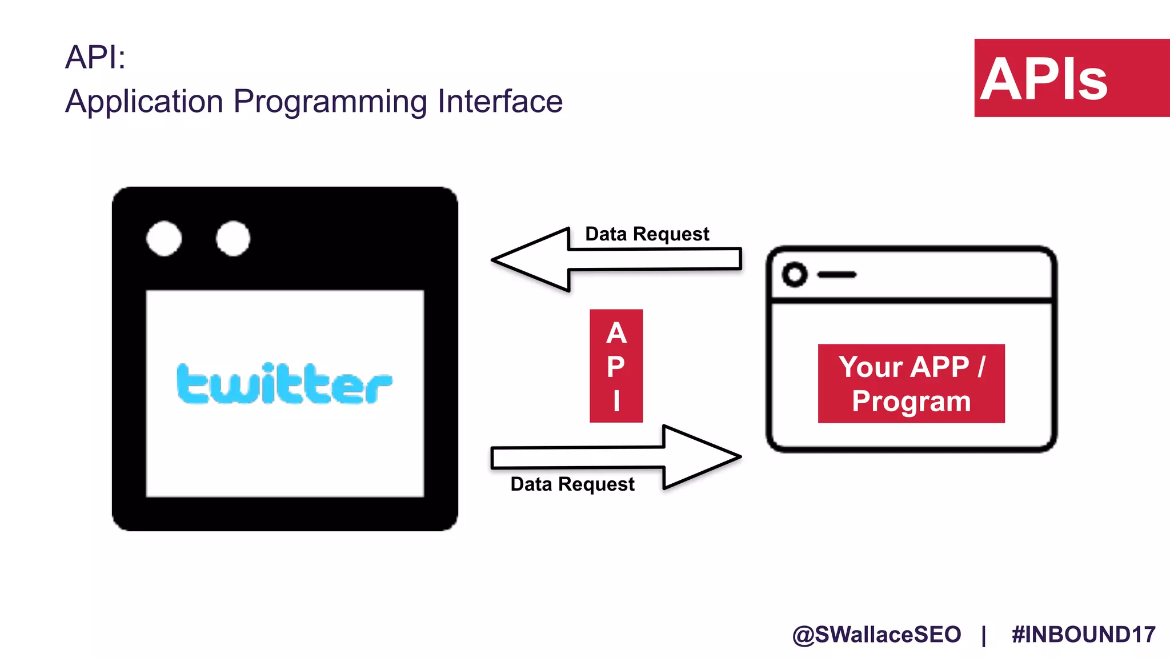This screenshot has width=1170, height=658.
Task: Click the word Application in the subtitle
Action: (x=144, y=102)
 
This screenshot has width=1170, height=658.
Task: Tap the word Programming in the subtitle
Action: (x=330, y=102)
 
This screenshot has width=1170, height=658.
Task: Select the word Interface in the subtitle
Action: (x=500, y=101)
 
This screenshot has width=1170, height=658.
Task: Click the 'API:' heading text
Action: (x=95, y=57)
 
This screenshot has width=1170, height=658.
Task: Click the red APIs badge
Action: (x=1071, y=78)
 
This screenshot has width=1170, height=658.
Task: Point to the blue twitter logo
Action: (x=284, y=383)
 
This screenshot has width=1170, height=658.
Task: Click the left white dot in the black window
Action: (x=164, y=238)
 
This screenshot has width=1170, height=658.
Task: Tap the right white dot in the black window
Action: (x=233, y=238)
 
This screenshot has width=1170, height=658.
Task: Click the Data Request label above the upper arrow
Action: (x=647, y=234)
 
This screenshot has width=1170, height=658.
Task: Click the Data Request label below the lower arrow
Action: (x=572, y=484)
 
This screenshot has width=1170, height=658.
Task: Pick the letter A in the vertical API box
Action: (x=616, y=333)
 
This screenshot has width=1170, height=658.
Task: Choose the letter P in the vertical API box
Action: (x=616, y=367)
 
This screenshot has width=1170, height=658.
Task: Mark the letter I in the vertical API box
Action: (x=616, y=400)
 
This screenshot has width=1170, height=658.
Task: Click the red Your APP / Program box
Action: (x=911, y=383)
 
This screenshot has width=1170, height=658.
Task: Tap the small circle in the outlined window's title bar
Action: (x=795, y=275)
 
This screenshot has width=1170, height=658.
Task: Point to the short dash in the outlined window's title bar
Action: (x=837, y=275)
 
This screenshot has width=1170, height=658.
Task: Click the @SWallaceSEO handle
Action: (x=876, y=635)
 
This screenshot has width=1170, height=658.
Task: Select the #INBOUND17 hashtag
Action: (x=1083, y=635)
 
